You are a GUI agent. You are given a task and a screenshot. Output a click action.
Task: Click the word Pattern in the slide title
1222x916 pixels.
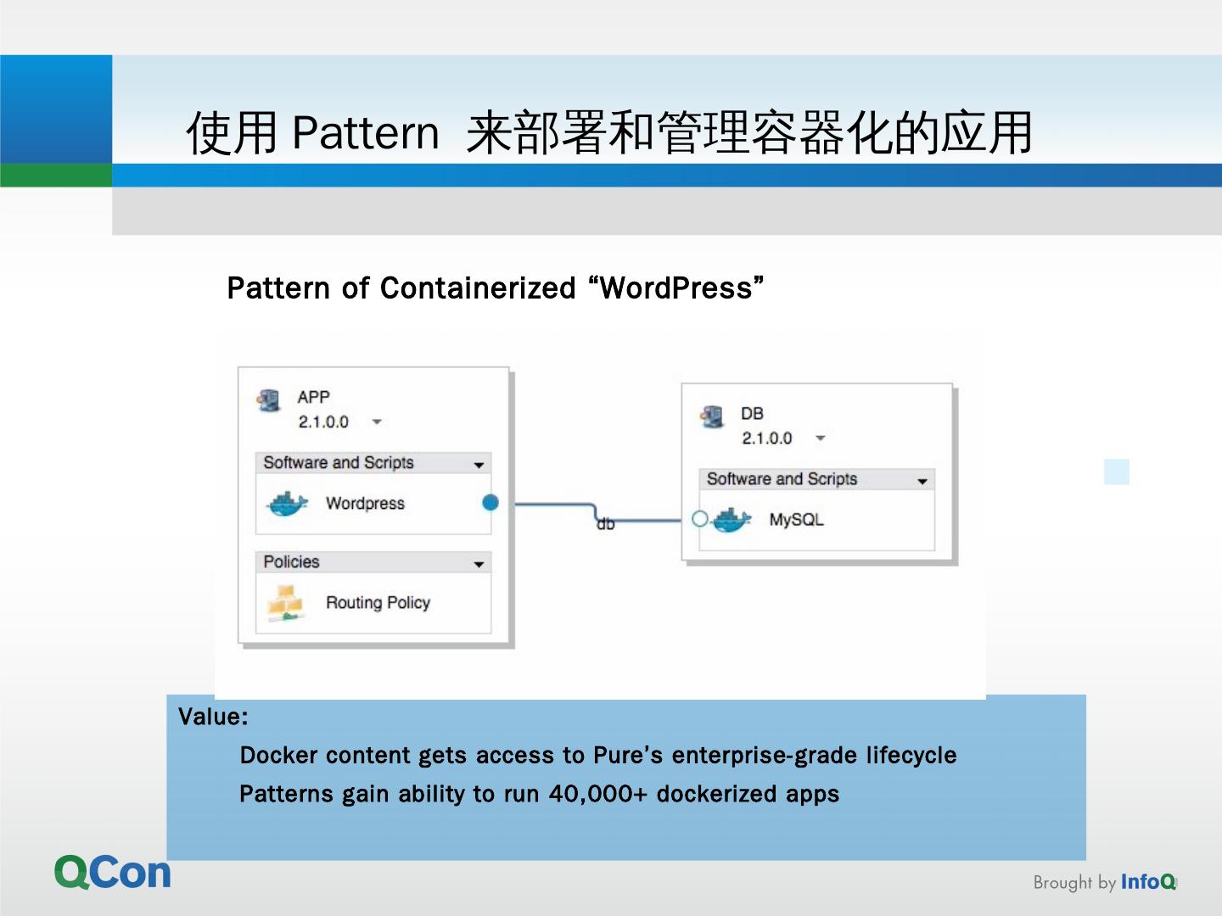click(x=366, y=133)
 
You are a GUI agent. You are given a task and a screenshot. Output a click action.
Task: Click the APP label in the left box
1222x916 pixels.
click(x=313, y=397)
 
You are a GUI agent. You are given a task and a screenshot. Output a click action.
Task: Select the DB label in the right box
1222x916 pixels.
click(x=752, y=414)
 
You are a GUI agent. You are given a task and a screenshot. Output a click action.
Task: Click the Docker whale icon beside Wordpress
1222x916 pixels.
click(x=287, y=504)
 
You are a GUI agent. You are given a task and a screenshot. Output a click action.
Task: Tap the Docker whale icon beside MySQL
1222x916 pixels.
click(x=732, y=520)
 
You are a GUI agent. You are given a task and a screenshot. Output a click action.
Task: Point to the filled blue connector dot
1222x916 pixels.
click(x=490, y=503)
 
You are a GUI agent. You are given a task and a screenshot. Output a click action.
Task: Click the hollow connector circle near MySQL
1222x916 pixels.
click(x=700, y=518)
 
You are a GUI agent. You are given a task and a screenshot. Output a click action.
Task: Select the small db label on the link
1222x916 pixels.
click(x=605, y=525)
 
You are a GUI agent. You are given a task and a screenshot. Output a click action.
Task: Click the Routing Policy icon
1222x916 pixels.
click(x=285, y=603)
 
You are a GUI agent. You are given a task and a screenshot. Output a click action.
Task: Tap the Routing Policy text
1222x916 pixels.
click(x=378, y=603)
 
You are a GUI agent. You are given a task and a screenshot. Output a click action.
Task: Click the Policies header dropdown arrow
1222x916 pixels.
click(x=479, y=564)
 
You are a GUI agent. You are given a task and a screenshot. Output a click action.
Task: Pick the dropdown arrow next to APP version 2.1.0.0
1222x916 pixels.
click(x=377, y=422)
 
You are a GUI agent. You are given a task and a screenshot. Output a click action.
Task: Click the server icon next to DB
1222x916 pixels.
click(x=711, y=416)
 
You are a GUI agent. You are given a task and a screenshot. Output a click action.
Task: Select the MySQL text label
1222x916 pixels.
click(x=796, y=520)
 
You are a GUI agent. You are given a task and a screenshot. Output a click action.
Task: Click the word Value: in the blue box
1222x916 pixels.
click(x=213, y=718)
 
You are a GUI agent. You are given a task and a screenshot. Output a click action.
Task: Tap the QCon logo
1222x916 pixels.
click(x=113, y=873)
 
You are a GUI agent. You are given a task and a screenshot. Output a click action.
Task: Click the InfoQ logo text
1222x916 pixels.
click(x=1148, y=882)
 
